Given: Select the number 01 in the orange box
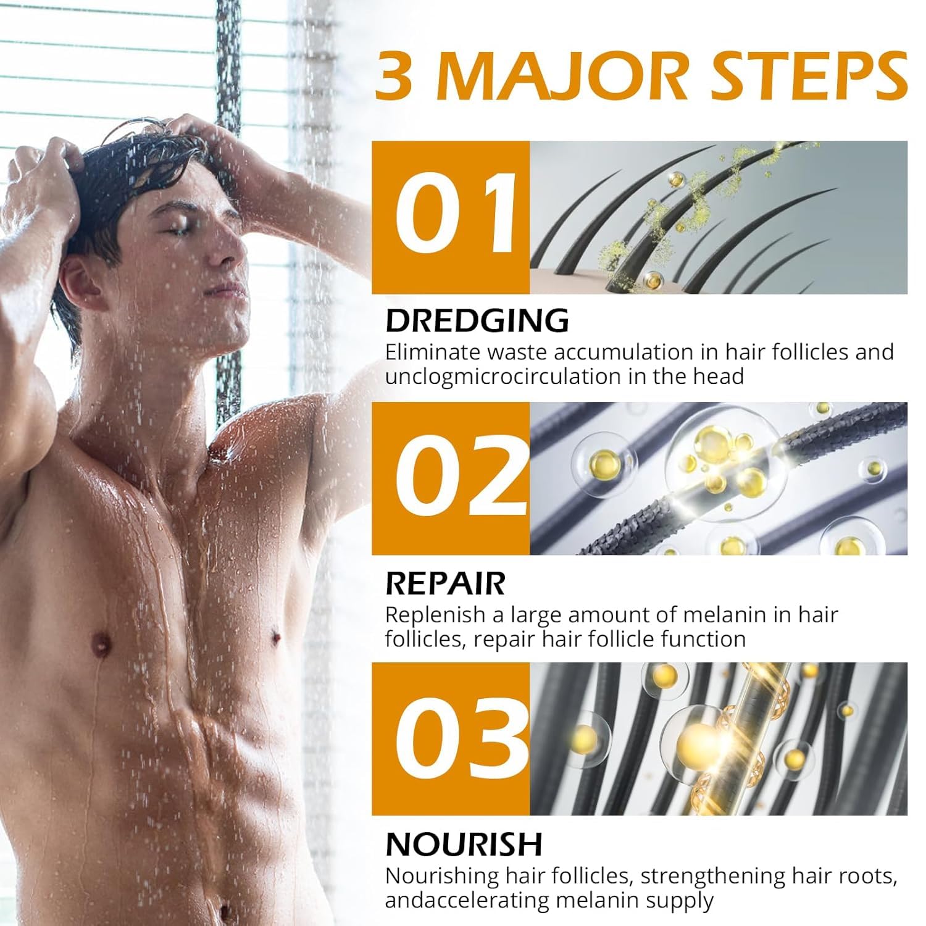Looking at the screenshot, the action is tap(455, 212).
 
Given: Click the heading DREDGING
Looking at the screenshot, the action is tap(477, 320).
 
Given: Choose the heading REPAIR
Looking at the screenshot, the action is tap(445, 583).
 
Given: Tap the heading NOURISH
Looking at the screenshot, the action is tap(464, 844).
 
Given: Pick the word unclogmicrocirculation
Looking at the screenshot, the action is tap(504, 377).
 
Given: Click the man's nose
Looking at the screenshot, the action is tap(230, 250).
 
